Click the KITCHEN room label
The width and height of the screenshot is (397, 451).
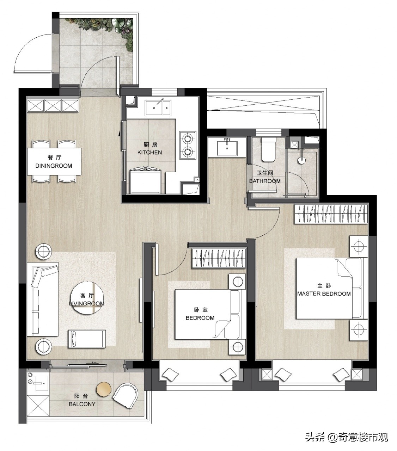[x=149, y=153]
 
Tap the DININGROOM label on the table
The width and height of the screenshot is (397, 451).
[x=54, y=166]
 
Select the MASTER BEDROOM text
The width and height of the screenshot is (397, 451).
[x=324, y=294]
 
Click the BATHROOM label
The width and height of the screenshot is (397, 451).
[x=265, y=181]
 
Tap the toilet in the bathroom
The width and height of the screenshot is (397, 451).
[x=268, y=149]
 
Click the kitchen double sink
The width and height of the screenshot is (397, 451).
[x=158, y=107]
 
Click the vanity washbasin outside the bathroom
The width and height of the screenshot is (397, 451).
[x=227, y=146]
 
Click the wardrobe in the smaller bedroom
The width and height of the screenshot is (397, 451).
[x=219, y=258]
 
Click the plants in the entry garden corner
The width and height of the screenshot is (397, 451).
[x=105, y=29]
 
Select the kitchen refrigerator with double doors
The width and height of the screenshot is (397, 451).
[x=146, y=181]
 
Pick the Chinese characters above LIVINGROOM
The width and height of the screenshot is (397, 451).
[x=87, y=296]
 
